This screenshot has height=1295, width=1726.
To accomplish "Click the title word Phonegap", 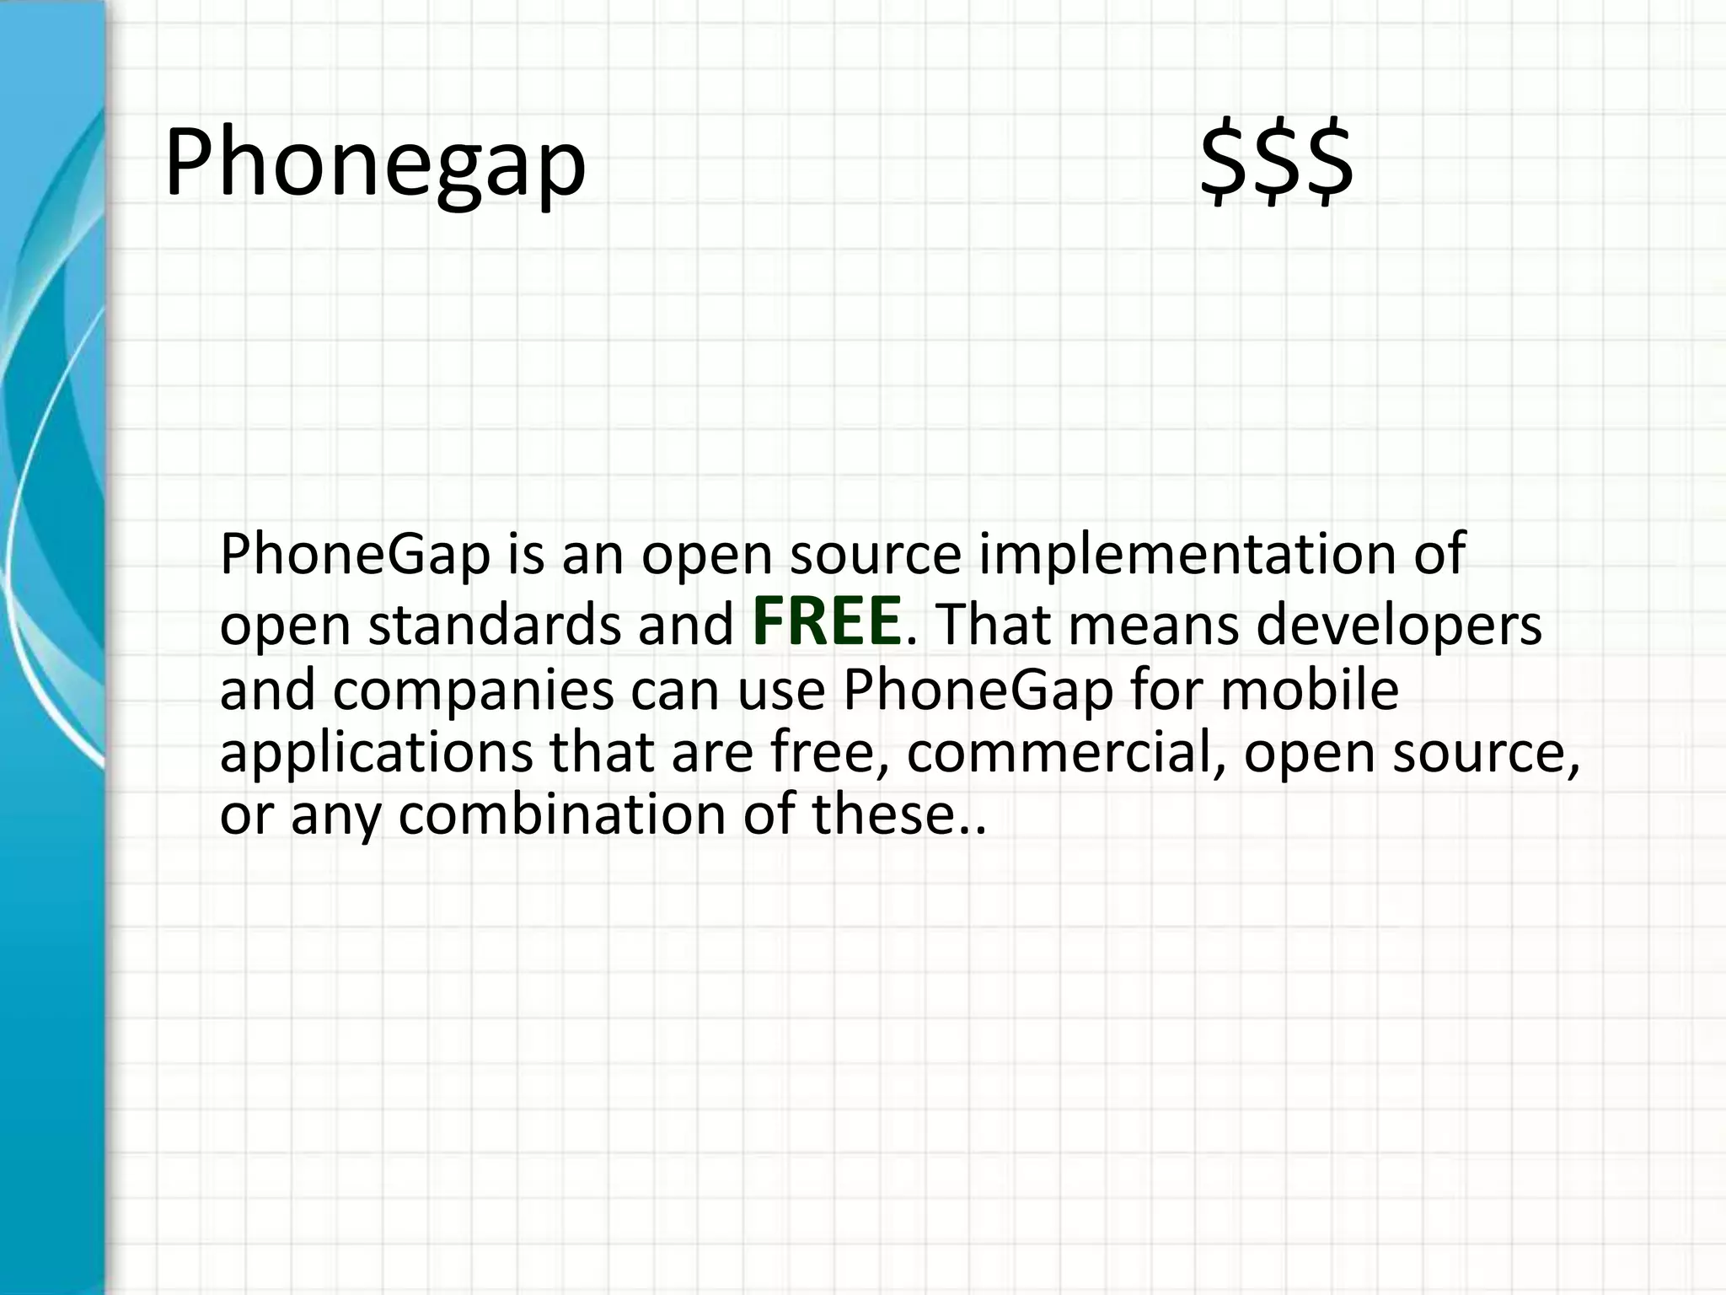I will tap(375, 163).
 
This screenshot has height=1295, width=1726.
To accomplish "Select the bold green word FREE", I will tap(826, 621).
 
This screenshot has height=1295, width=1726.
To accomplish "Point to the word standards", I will tap(495, 626).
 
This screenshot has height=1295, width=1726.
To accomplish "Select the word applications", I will tap(376, 753).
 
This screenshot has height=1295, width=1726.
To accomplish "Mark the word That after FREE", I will tap(994, 626).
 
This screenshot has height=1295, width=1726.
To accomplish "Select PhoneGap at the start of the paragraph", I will tap(355, 555).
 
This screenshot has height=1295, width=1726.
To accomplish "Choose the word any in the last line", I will tap(335, 816).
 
